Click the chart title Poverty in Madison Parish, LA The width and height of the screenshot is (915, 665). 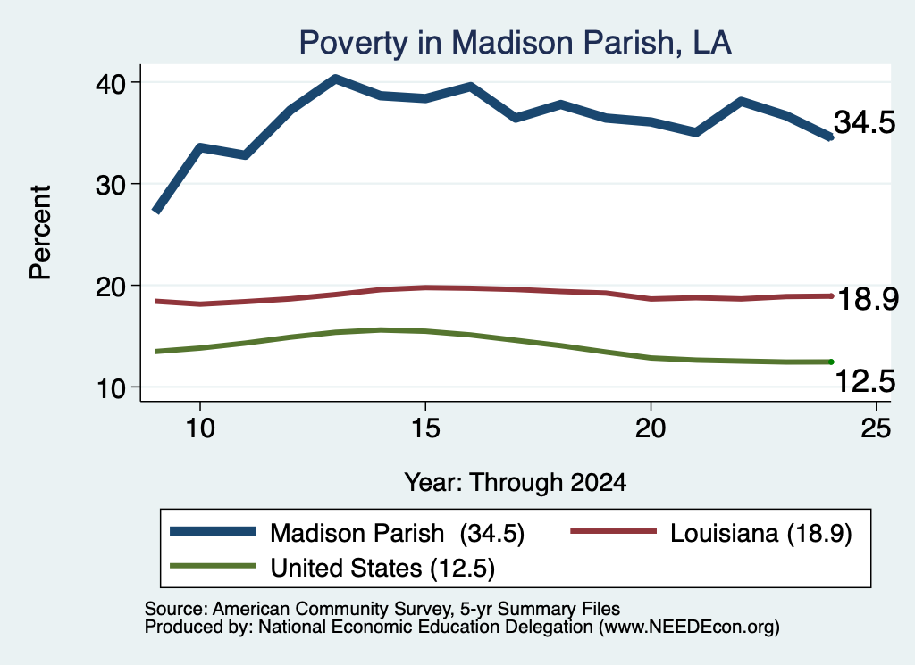515,43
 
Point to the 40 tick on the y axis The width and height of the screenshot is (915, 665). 111,83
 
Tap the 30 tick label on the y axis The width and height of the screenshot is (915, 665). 111,185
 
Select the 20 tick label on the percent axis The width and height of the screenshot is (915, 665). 111,287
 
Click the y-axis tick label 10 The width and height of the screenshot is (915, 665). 111,388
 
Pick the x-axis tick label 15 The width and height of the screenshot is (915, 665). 425,428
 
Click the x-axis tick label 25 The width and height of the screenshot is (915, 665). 876,428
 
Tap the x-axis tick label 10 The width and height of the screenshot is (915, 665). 200,428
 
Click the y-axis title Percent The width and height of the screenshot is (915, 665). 40,233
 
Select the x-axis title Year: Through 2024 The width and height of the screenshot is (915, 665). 516,483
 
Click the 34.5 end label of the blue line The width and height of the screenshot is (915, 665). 864,122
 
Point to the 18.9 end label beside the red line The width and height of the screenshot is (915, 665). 868,299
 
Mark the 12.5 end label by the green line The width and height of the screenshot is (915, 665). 865,382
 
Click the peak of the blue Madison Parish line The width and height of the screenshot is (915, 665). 335,78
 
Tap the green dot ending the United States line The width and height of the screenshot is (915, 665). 831,362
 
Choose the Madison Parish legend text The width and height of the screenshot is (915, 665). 357,533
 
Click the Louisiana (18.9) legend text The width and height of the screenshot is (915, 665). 761,533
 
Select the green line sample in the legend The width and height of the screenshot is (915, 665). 213,565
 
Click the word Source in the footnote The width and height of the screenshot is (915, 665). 175,609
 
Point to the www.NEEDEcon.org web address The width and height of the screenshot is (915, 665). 689,627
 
